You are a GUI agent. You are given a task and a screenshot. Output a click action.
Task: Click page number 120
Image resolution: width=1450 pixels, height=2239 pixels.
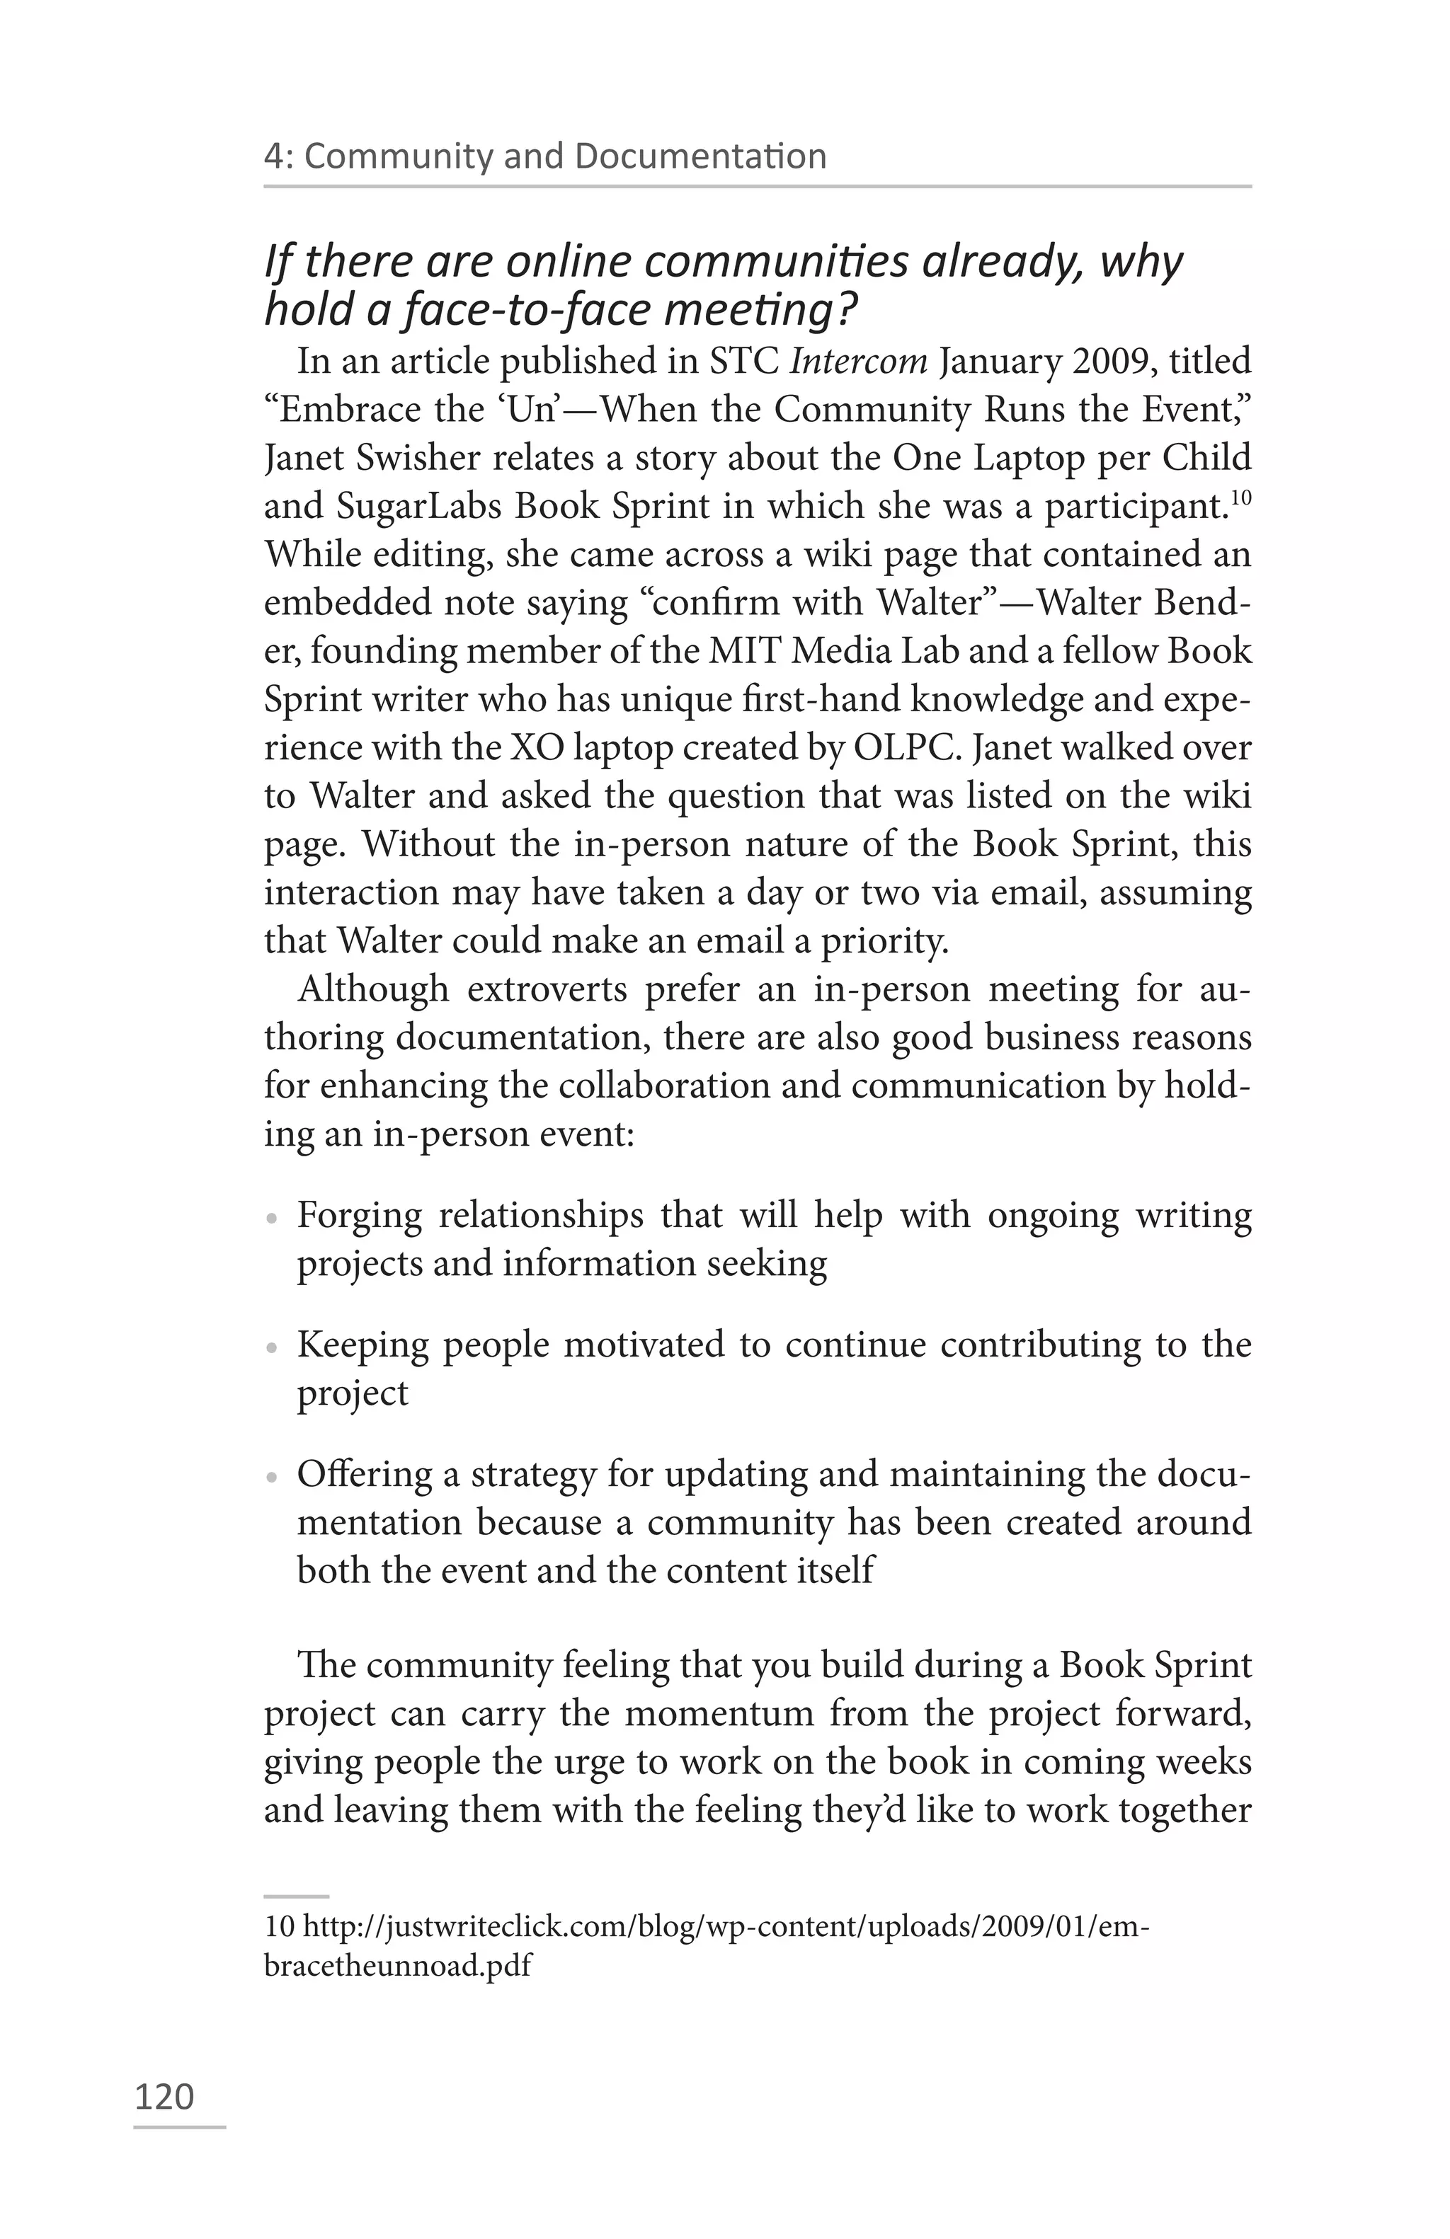coord(165,2097)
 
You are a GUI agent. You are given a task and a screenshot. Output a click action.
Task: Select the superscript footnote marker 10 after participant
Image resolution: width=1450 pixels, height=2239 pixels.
coord(1241,495)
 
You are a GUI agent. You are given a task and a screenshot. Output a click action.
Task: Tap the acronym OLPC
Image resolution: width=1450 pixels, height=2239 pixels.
coord(907,748)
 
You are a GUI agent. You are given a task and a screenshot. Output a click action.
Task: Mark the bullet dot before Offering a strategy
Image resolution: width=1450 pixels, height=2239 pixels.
coord(272,1477)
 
